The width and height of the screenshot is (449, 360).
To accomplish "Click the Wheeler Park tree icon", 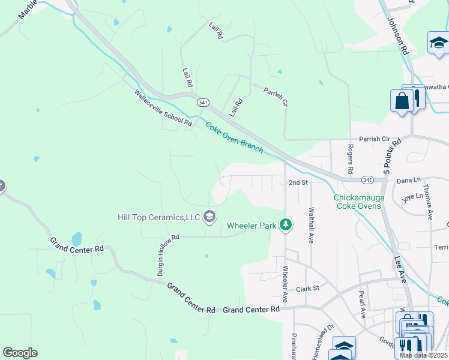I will (287, 226).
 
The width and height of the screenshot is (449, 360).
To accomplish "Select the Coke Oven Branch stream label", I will (234, 137).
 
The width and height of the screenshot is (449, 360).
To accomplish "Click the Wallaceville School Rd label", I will (163, 108).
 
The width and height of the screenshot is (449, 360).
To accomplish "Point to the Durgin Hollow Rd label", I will (169, 255).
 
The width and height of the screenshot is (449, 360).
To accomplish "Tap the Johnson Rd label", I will (397, 37).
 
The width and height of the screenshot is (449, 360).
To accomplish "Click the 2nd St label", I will (298, 182).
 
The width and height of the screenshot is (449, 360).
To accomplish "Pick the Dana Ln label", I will (409, 180).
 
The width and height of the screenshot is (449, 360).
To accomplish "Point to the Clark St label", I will (307, 289).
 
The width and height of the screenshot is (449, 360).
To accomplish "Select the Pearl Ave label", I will (362, 304).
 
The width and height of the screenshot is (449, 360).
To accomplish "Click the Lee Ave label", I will (400, 269).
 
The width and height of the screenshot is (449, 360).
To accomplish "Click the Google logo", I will (20, 353).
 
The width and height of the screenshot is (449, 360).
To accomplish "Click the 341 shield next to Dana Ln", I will (367, 180).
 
